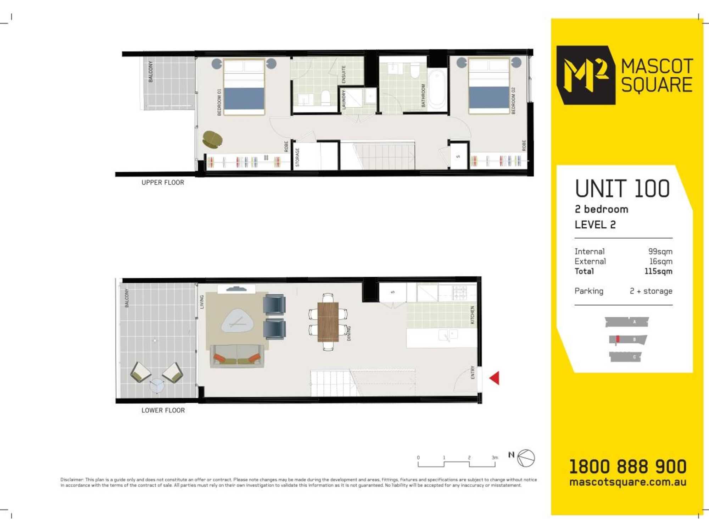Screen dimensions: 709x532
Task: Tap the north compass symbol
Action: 526,458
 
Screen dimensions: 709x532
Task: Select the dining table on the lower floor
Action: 328,322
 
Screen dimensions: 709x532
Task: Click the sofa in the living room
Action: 237,356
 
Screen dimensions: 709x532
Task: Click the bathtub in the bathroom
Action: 437,90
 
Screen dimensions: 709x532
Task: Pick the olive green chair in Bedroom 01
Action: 212,139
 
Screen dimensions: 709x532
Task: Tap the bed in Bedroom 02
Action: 489,86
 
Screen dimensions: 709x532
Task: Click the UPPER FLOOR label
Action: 163,182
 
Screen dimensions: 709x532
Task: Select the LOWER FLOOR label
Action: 163,410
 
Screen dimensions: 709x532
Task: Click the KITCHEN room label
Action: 472,315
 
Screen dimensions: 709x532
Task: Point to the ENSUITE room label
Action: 344,74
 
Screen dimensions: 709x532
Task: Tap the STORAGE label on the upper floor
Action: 297,157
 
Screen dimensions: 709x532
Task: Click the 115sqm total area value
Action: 658,271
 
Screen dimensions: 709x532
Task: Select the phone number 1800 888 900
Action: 628,466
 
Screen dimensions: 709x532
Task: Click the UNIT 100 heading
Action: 623,188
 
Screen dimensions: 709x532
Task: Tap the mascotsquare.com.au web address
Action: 628,482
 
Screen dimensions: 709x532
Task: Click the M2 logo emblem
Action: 586,75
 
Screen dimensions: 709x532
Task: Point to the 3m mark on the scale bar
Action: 495,458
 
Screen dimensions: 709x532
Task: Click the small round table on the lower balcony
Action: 157,386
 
